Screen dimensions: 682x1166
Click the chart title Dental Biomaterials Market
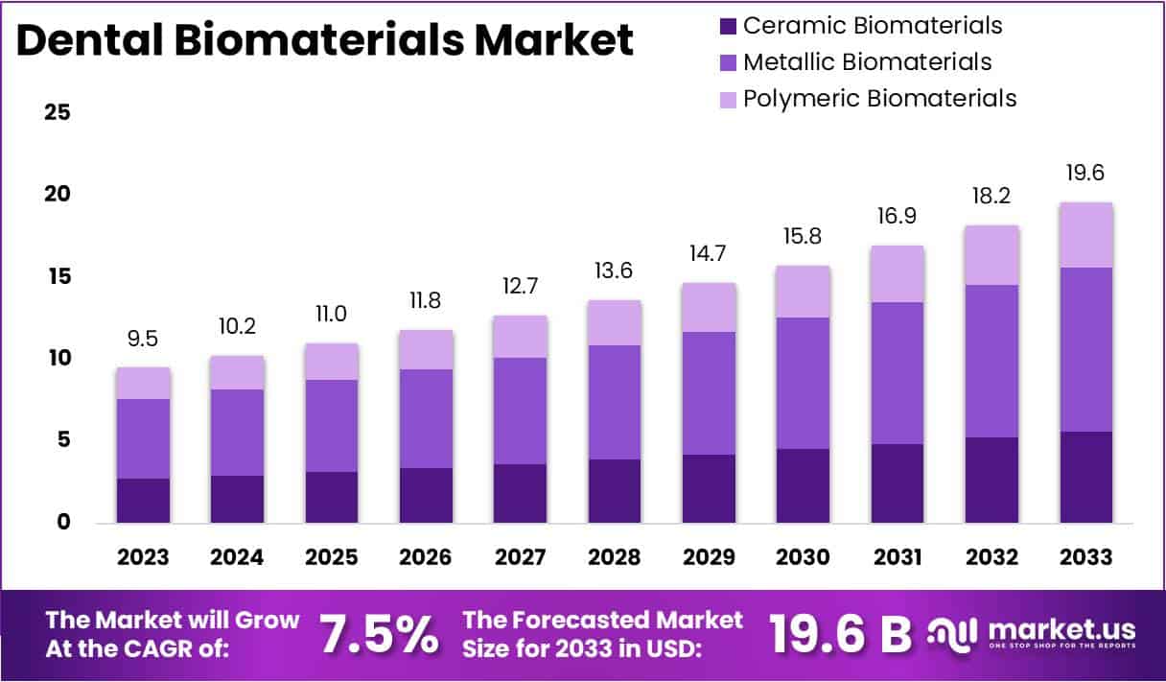[325, 42]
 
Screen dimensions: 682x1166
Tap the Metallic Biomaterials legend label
[867, 62]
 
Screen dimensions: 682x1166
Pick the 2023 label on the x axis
[143, 557]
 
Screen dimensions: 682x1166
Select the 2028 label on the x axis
[615, 557]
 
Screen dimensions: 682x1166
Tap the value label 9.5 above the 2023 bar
[143, 339]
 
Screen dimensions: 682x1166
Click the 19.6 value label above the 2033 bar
[1086, 174]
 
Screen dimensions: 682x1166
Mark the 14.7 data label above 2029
[709, 254]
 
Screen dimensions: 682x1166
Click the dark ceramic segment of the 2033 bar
[1086, 477]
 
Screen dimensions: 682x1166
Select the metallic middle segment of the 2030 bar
[803, 383]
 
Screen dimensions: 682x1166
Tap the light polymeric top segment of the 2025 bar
[332, 362]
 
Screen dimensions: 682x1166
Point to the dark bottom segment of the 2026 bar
[426, 495]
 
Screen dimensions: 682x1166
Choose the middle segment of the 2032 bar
[992, 361]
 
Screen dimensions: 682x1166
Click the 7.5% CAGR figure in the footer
[379, 634]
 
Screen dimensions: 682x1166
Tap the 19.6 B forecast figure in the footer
[840, 634]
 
